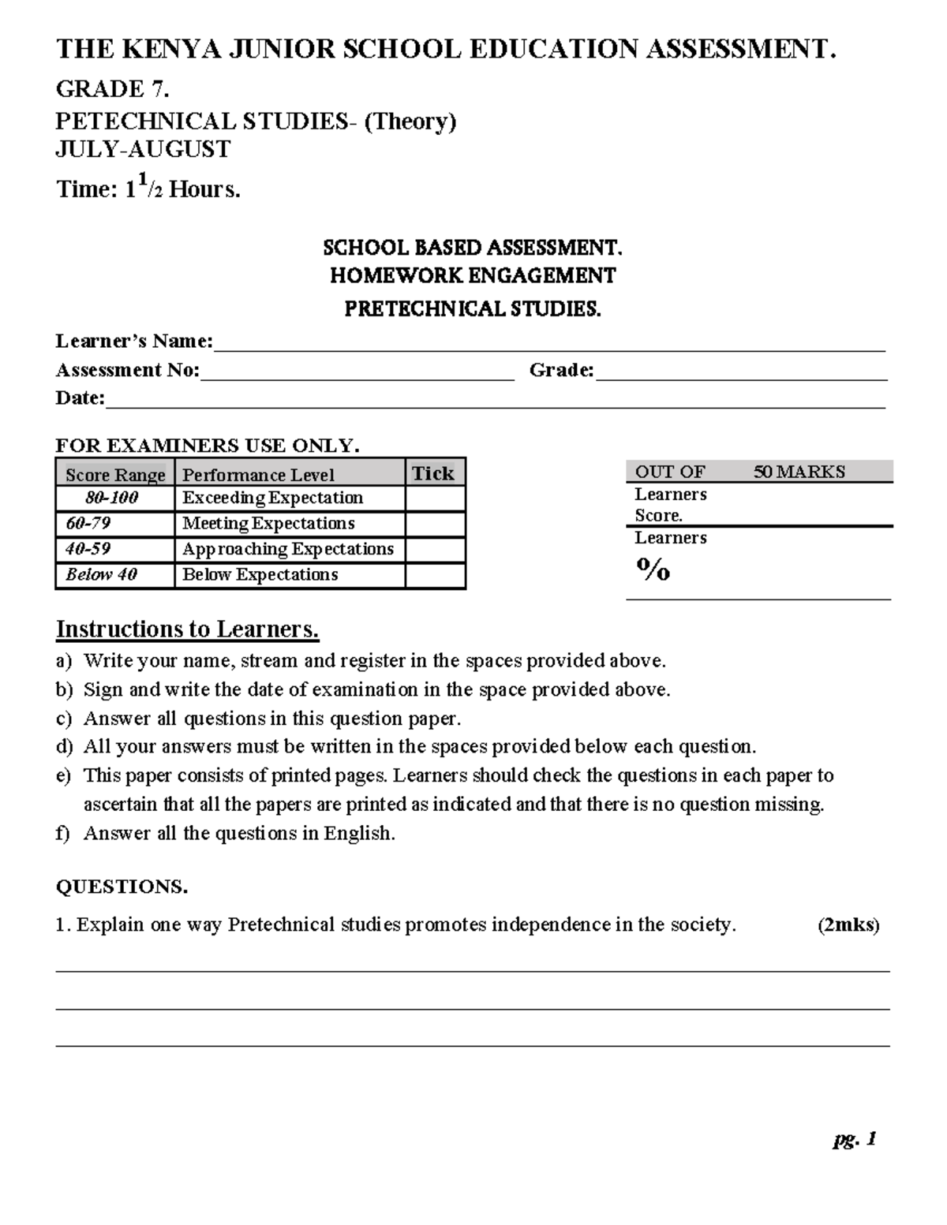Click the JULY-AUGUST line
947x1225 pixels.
pyautogui.click(x=143, y=149)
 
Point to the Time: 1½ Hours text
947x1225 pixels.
pyautogui.click(x=148, y=189)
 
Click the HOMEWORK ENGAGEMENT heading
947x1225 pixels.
pyautogui.click(x=473, y=276)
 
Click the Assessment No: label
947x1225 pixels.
pyautogui.click(x=127, y=370)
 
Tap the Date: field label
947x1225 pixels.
pyautogui.click(x=80, y=398)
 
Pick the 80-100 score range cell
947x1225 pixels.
pyautogui.click(x=112, y=498)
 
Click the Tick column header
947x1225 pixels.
pyautogui.click(x=433, y=473)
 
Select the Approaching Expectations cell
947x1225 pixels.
pyautogui.click(x=288, y=549)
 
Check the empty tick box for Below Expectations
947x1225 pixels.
pyautogui.click(x=435, y=575)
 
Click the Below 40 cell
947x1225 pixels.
pyautogui.click(x=102, y=575)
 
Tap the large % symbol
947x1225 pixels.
pyautogui.click(x=653, y=569)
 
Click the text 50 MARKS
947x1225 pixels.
pyautogui.click(x=799, y=472)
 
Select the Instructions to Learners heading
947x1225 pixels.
pyautogui.click(x=187, y=629)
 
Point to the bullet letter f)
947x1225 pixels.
pyautogui.click(x=63, y=834)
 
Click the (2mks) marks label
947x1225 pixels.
pyautogui.click(x=848, y=925)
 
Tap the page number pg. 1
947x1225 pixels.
pyautogui.click(x=855, y=1139)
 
